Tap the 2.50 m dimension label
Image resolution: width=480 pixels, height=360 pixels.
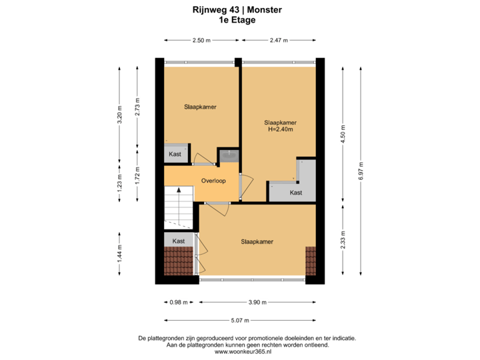[201, 41]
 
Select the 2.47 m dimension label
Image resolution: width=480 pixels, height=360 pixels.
[279, 41]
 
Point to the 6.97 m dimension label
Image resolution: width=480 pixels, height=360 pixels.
[361, 169]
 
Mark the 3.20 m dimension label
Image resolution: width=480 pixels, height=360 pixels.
[119, 114]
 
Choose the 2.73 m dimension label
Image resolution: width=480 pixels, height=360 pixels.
[137, 107]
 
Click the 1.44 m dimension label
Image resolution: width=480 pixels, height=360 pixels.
[119, 254]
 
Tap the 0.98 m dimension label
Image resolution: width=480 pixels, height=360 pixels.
[178, 302]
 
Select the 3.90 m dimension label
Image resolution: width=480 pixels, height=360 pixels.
[257, 302]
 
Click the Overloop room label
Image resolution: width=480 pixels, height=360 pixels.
[213, 181]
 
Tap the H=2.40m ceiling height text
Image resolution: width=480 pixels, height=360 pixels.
[280, 130]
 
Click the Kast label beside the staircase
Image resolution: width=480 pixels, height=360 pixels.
[178, 241]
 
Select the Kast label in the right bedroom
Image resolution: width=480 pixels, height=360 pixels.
[296, 193]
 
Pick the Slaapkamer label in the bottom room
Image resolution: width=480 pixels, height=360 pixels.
[257, 241]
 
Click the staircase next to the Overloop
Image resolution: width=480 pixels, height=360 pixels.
[177, 207]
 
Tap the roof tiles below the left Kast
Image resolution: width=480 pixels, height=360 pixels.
[179, 261]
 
